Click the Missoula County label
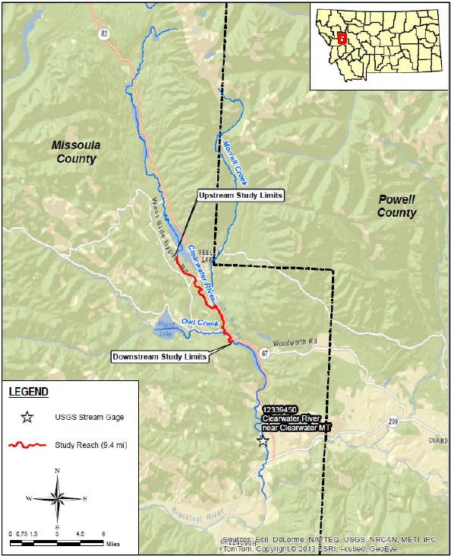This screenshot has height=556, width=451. pos(76,152)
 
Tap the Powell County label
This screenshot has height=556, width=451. pos(396,206)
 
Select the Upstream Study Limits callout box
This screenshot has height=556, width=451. pos(240,195)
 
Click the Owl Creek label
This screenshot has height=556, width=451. pos(200,322)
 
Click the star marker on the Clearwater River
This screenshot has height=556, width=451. pos(263,440)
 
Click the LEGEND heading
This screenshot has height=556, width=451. pos(28,392)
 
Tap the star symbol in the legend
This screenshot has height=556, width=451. pos(27,418)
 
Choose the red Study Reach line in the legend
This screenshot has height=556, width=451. pos(28,444)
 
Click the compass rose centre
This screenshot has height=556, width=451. pos(58,498)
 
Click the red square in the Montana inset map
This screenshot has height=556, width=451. pos(342,37)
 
